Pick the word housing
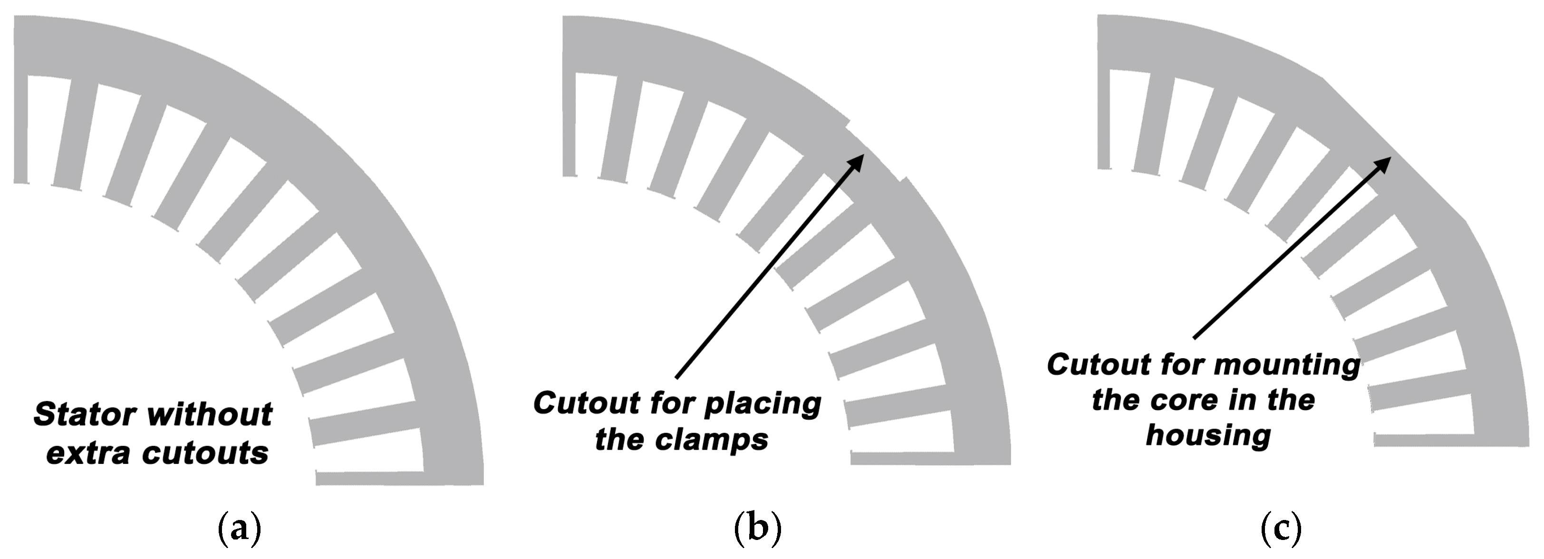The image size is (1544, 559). [x=1208, y=437]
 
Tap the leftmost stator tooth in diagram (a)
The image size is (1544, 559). [x=20, y=129]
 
